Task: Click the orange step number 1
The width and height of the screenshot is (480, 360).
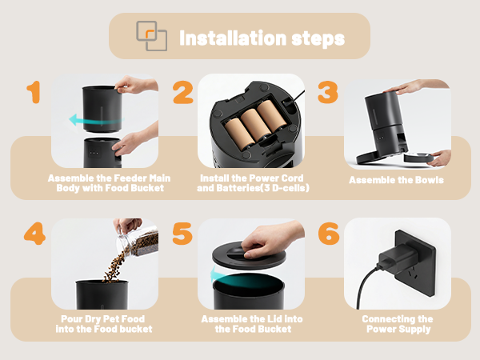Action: pos(33,93)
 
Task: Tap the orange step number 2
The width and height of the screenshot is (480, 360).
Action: pos(182,93)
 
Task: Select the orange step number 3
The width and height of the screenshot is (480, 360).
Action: pos(328,93)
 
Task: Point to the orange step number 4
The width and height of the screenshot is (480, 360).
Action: pos(34,234)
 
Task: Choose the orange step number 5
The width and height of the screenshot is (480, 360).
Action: pos(182,234)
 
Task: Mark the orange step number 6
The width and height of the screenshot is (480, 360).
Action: pos(329,234)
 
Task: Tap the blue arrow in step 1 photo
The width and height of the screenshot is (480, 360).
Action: pos(87,120)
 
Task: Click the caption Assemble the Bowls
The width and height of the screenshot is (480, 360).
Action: pos(396,180)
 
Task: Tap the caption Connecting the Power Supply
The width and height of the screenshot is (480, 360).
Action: pos(397,324)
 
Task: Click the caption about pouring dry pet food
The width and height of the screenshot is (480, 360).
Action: pos(105,324)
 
